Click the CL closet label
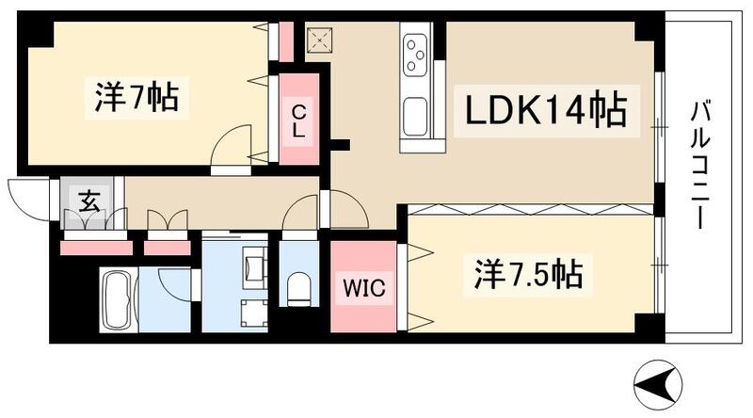[x=298, y=121]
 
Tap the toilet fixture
[x=299, y=288]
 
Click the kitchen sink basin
[x=416, y=119]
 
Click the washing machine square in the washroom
[x=253, y=312]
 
